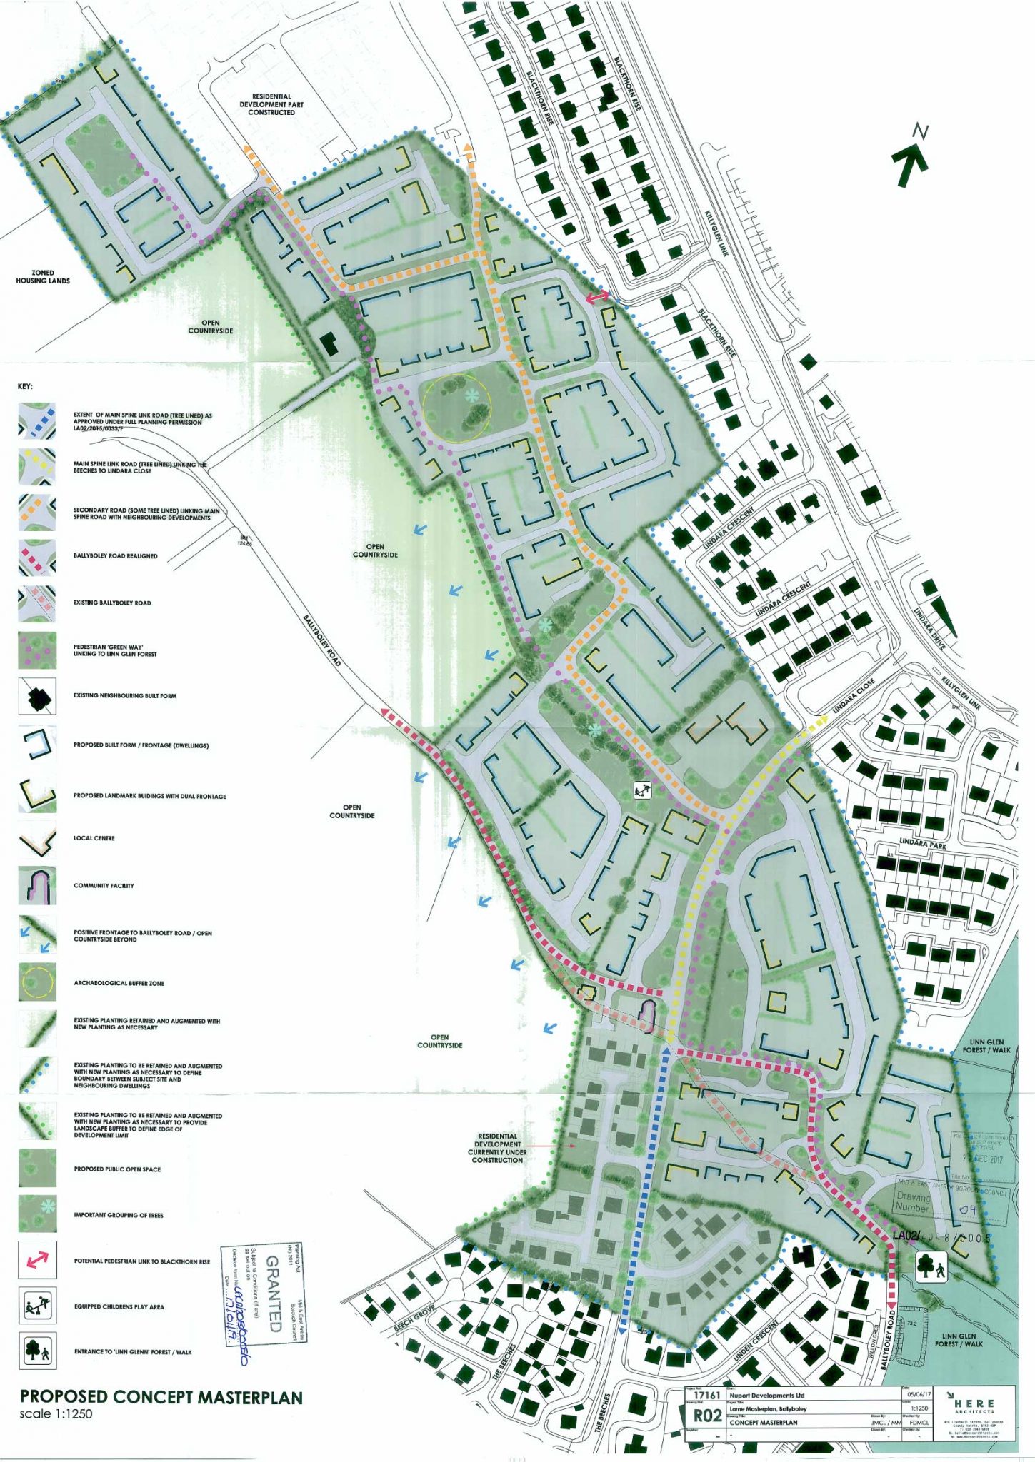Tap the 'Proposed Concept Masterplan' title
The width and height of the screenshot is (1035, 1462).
[x=161, y=1397]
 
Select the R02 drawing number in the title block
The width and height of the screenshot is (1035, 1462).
[x=707, y=1416]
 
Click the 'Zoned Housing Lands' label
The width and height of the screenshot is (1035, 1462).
[x=43, y=277]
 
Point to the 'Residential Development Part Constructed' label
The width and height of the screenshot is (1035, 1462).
[x=271, y=104]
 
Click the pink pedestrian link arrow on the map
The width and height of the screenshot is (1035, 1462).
[x=598, y=296]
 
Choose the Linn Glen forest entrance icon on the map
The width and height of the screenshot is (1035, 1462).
[x=931, y=1266]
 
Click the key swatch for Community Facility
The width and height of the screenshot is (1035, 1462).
[x=37, y=886]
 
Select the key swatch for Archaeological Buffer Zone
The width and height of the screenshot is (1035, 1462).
[x=37, y=982]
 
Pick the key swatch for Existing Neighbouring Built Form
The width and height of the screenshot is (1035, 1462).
[x=37, y=696]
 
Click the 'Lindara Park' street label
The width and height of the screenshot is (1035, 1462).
[x=923, y=844]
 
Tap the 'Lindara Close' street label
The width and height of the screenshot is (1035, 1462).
[x=854, y=697]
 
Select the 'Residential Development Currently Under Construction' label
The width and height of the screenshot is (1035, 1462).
[x=497, y=1148]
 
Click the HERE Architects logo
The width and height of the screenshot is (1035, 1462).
[x=974, y=1406]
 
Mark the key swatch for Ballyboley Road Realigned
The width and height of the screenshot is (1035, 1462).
[x=37, y=557]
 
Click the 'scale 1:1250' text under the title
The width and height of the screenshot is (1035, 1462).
[x=56, y=1414]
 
